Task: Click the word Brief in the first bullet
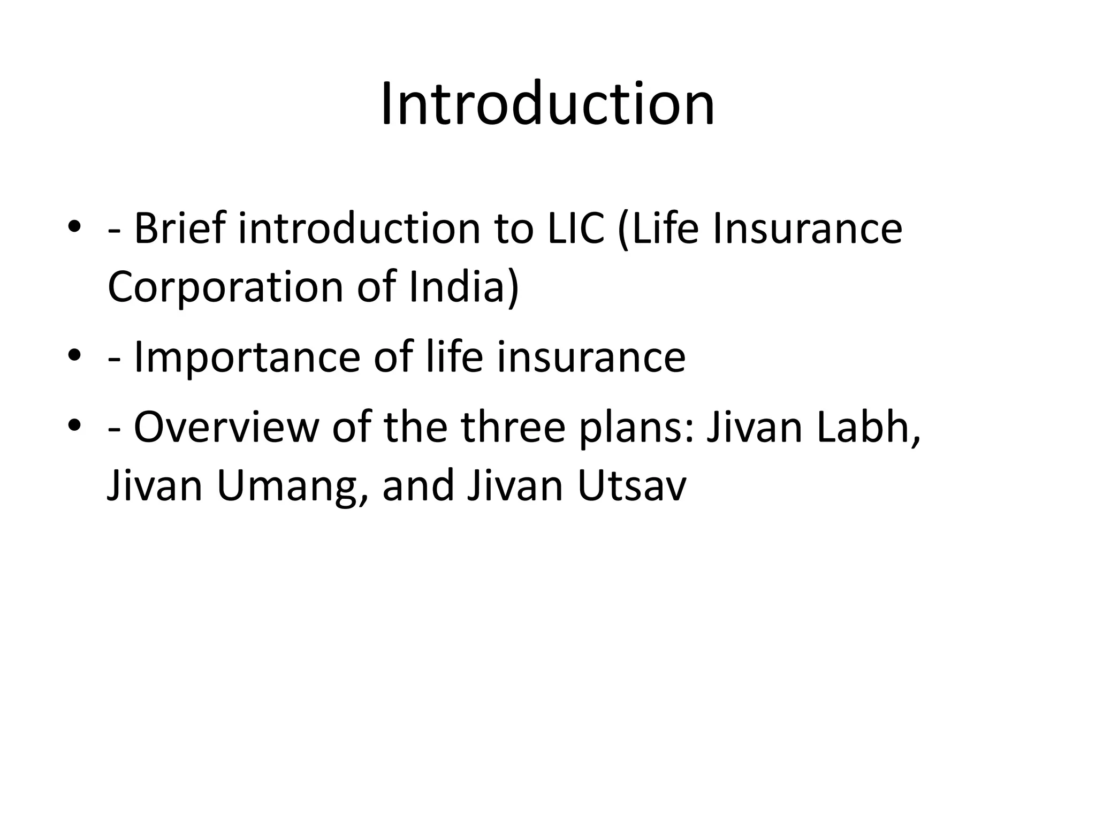179,229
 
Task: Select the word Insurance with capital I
808,229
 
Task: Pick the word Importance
246,357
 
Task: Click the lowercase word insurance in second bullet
591,357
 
